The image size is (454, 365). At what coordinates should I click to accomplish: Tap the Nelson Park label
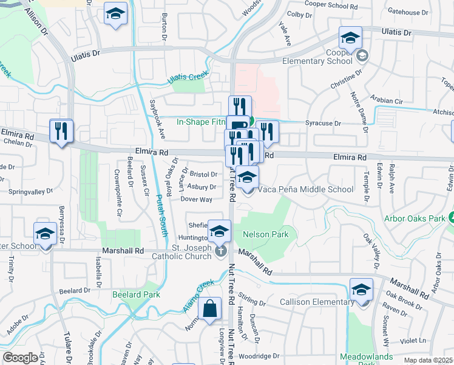click(x=265, y=234)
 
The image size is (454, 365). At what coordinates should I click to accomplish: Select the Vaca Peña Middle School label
click(x=306, y=189)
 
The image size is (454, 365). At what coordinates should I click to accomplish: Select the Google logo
click(x=21, y=358)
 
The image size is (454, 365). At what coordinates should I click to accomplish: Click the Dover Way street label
click(x=196, y=199)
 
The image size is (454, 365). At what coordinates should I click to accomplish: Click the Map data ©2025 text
click(x=428, y=360)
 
